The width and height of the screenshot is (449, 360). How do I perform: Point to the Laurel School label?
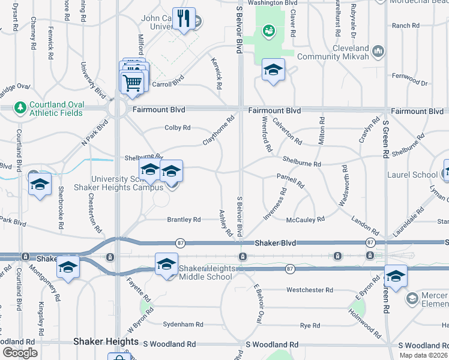pos(417,175)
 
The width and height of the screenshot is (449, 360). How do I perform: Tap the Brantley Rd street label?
pos(184,220)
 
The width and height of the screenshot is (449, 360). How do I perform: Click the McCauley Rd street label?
pos(306,220)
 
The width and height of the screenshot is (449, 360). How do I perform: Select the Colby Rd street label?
pos(178,128)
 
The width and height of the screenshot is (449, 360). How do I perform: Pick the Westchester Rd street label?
pos(310,290)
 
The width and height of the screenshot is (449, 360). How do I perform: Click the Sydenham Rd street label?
pos(183,324)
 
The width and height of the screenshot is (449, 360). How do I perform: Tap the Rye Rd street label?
pos(310,325)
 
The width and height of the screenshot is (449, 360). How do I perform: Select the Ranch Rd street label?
pos(406,26)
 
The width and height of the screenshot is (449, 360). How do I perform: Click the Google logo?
pos(20,353)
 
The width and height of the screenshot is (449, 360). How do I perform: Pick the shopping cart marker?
pos(132,82)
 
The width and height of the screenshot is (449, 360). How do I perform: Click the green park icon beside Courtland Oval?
pos(20,106)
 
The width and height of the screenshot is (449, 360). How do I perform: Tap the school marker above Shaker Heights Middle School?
pos(167,264)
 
